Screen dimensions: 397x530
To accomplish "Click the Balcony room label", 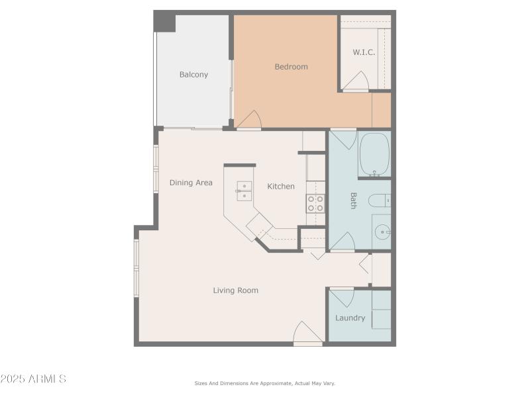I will pos(193,75).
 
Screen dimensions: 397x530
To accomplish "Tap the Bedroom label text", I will pos(291,67).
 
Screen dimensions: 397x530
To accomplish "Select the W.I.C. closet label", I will pos(364,52).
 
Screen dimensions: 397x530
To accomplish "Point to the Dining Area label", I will pos(191,183).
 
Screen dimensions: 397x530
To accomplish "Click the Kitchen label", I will pos(281,187).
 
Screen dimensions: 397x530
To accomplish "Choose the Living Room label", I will pos(235,290).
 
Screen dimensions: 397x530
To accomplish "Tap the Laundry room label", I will pos(350,318).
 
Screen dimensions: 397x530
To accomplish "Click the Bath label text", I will pos(353,200).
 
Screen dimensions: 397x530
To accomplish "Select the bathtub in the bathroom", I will pos(374,154).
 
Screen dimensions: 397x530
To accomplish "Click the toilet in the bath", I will pos(380,200).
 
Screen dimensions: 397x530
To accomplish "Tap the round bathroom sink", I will pos(382,232).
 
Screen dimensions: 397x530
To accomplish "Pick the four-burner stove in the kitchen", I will pos(315,204).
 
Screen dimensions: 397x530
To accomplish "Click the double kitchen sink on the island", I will pos(244,191).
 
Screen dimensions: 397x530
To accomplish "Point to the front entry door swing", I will pos(307,332).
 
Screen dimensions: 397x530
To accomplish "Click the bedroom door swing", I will pos(250,120).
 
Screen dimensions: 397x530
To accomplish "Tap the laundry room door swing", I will pos(342,297).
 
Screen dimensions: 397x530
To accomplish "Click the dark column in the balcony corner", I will pos(165,22).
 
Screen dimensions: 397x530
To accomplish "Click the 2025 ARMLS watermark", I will pos(33,379).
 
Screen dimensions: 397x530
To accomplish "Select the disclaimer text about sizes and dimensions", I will pos(264,383).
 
